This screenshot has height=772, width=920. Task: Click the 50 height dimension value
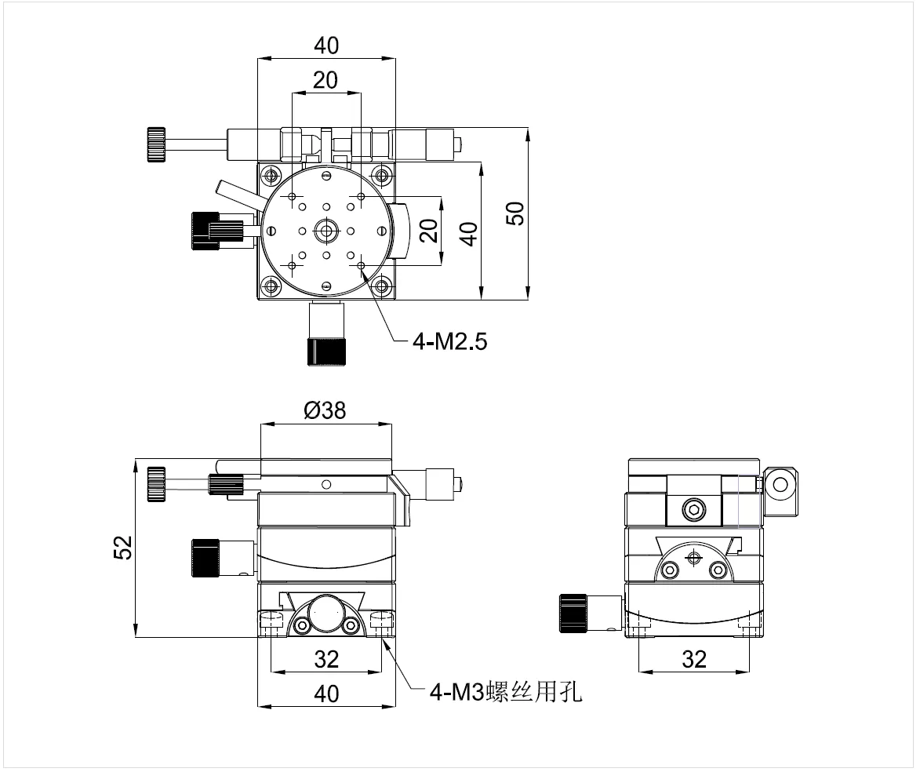point(515,213)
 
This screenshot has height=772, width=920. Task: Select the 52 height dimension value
point(122,547)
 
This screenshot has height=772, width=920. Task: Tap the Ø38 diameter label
point(324,410)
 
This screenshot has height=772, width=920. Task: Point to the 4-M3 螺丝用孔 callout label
point(506,692)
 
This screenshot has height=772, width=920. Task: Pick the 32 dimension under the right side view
point(694,659)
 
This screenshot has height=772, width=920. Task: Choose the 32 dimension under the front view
point(326,659)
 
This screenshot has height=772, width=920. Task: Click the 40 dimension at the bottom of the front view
point(326,694)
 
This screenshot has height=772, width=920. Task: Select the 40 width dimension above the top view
point(326,46)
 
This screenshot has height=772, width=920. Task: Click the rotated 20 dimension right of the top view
point(428,231)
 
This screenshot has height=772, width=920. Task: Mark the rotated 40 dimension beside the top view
point(468,233)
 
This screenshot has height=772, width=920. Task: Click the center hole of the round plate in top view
point(325,231)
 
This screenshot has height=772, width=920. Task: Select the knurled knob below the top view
point(325,351)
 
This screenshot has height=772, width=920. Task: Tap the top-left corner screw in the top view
point(271,174)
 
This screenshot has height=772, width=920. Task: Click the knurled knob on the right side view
point(573,613)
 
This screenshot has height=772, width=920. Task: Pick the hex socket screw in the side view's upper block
point(693,509)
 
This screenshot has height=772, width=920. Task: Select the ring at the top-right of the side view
point(780,484)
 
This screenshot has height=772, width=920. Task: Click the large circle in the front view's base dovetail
point(325,613)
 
